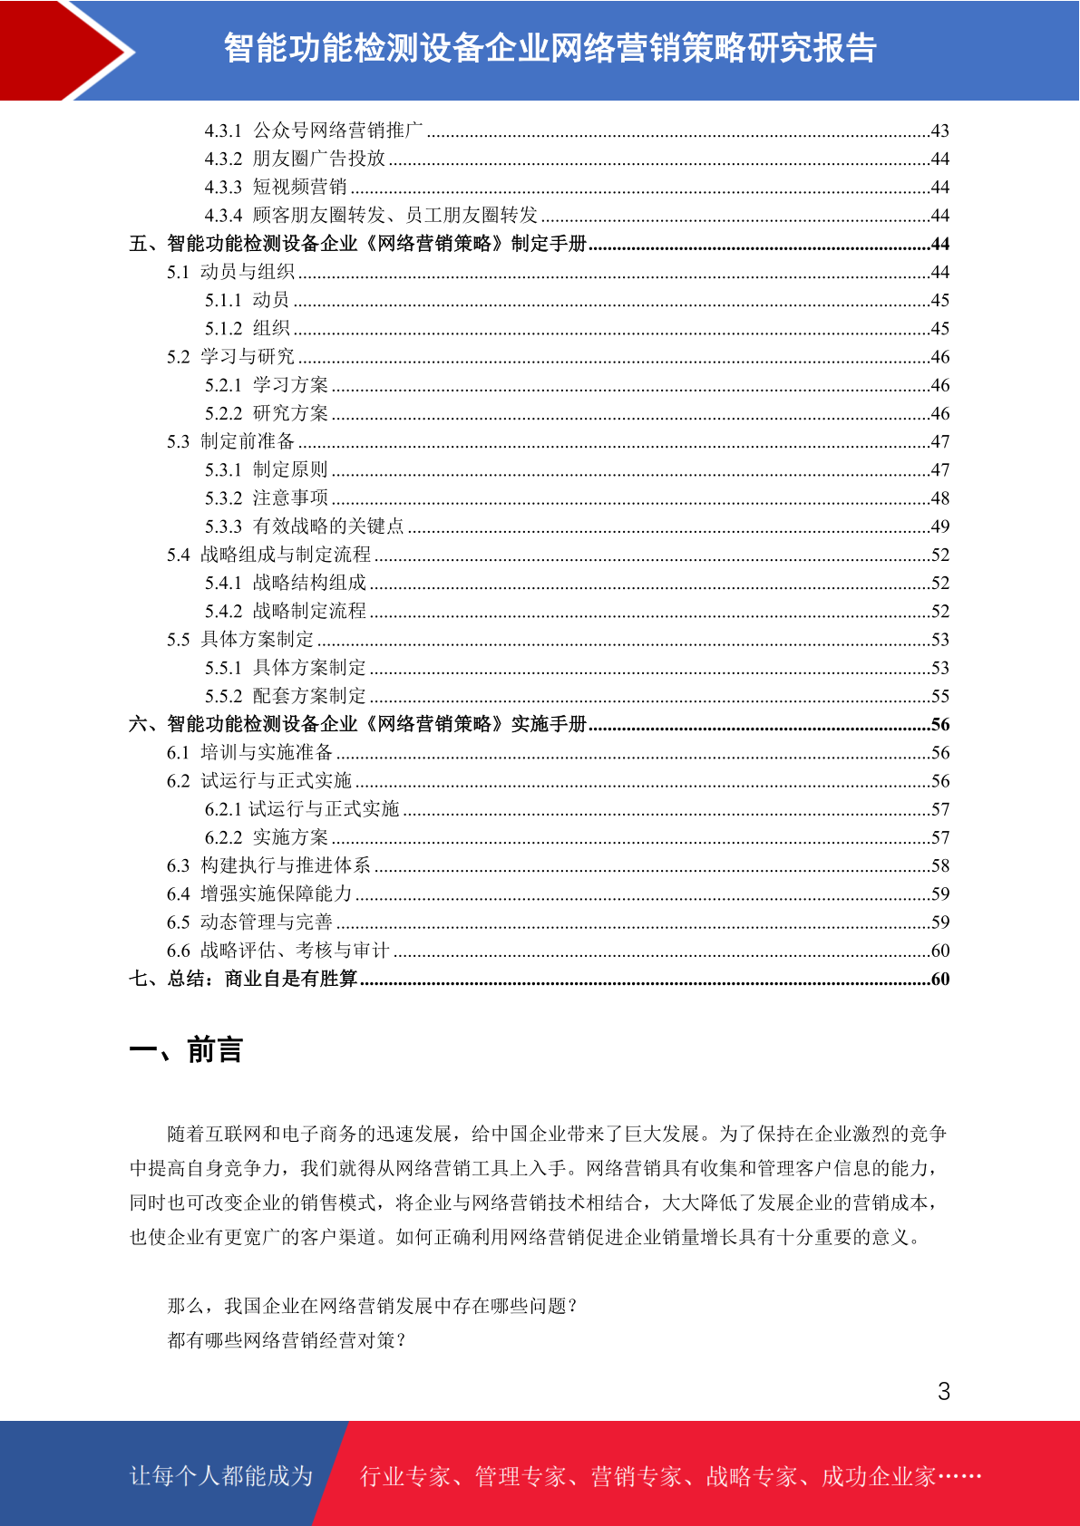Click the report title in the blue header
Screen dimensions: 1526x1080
tap(550, 48)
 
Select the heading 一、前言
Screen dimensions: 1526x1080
tap(186, 1050)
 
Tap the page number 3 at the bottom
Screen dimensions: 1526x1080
tap(944, 1392)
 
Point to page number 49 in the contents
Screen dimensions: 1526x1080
tap(940, 526)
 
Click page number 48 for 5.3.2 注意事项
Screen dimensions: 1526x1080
tap(940, 498)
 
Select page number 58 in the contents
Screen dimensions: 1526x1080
tap(940, 866)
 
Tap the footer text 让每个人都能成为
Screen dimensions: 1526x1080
tap(221, 1476)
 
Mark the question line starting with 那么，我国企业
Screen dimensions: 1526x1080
tap(372, 1306)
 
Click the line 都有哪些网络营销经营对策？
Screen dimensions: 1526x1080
tap(287, 1340)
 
